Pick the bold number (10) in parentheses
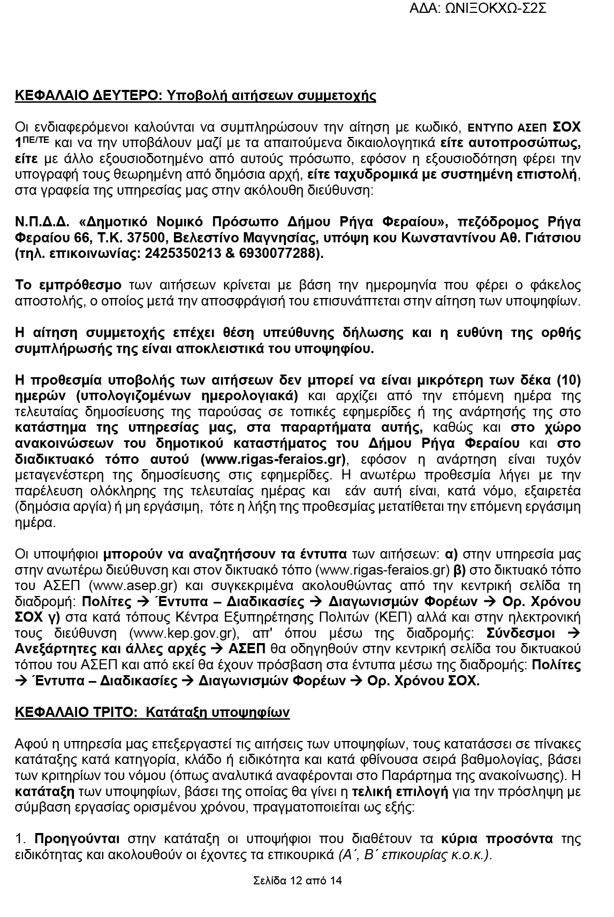[568, 380]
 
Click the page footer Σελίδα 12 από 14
[298, 881]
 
